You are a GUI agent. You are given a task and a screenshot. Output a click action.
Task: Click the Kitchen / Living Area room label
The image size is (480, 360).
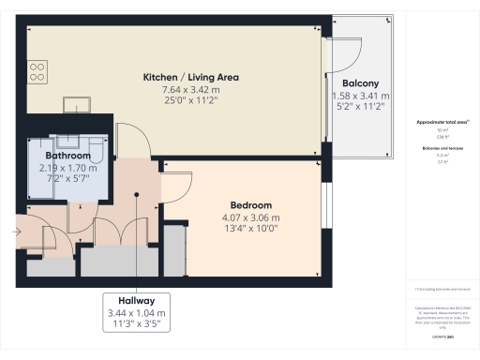[191, 76]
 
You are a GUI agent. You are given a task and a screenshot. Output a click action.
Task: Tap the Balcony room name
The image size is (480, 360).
[359, 82]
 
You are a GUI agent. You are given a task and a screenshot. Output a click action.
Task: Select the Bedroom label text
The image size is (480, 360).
[250, 205]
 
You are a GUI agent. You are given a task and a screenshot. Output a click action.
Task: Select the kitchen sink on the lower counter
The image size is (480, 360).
[76, 103]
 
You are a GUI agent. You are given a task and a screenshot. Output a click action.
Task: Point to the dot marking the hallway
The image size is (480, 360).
[137, 195]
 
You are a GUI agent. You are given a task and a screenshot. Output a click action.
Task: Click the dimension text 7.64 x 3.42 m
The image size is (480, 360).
[191, 88]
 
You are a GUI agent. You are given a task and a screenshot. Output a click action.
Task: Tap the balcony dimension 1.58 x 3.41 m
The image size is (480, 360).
[359, 96]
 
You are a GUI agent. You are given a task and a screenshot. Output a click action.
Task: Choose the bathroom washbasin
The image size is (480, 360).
[66, 140]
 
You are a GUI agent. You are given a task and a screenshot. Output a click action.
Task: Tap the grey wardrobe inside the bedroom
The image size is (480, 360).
[174, 250]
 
